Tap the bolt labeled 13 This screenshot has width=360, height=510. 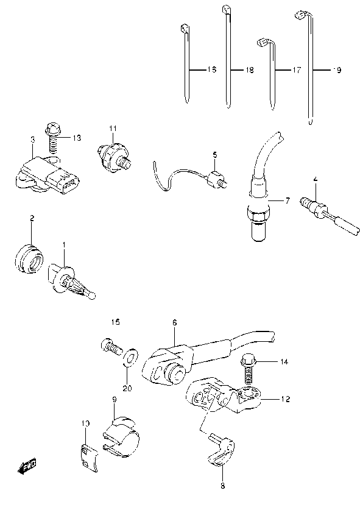click(52, 137)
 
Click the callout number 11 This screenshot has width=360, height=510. click(113, 127)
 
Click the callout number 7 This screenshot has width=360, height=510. click(288, 200)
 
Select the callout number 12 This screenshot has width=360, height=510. click(286, 400)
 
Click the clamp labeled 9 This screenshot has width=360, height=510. click(122, 434)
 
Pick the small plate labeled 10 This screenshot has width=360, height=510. click(88, 455)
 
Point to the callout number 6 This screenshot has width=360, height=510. click(174, 323)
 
